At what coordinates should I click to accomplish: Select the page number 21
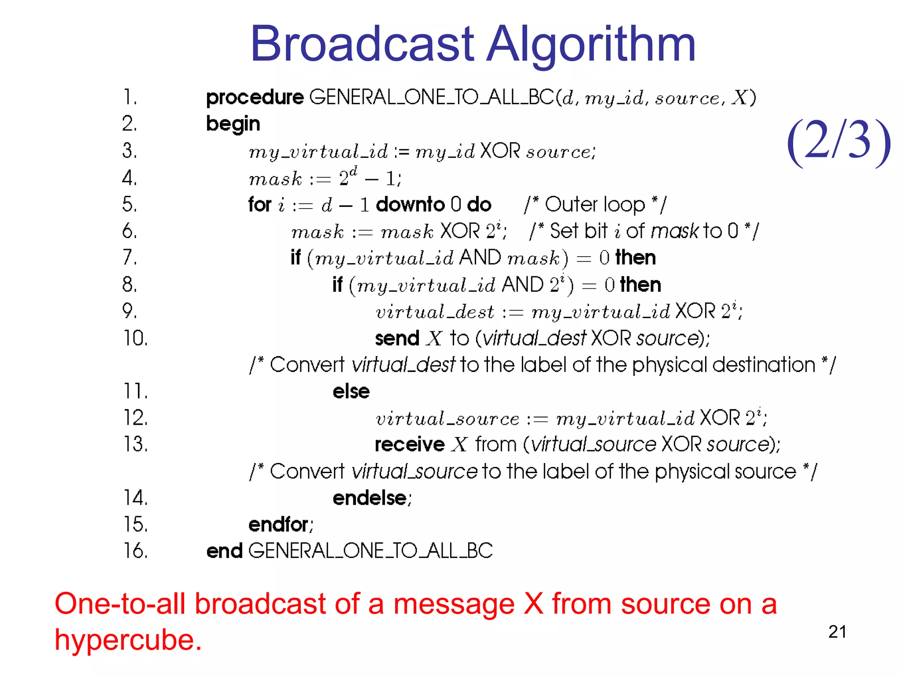pyautogui.click(x=837, y=632)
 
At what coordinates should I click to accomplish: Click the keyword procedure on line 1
pyautogui.click(x=255, y=98)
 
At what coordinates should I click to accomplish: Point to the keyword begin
pyautogui.click(x=233, y=124)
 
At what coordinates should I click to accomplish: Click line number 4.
pyautogui.click(x=129, y=178)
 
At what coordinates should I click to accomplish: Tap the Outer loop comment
pyautogui.click(x=595, y=205)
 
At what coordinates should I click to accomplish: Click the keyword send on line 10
pyautogui.click(x=397, y=338)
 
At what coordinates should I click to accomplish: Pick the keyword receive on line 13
pyautogui.click(x=410, y=445)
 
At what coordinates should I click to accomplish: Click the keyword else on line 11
pyautogui.click(x=351, y=391)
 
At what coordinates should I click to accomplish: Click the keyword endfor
pyautogui.click(x=278, y=525)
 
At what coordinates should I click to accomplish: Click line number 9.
pyautogui.click(x=129, y=311)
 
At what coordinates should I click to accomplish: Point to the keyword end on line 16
pyautogui.click(x=224, y=551)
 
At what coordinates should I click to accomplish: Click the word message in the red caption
pyautogui.click(x=454, y=604)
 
